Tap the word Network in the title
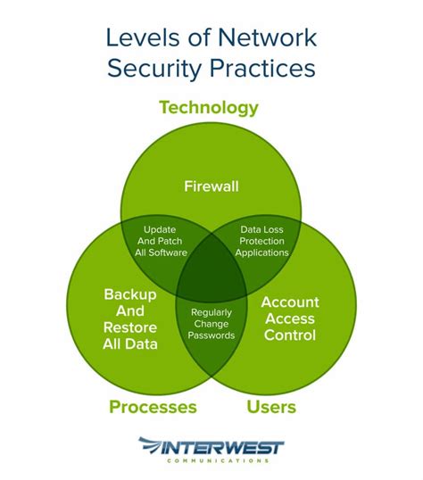point(263,37)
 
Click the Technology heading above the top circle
point(209,108)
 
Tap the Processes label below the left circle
point(153,408)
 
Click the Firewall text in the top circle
point(211,186)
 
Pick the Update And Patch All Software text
point(161,241)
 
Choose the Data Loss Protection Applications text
point(261,241)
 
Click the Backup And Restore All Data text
point(130,318)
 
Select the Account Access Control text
point(288,319)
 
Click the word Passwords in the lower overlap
point(212,335)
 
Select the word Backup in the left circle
point(130,294)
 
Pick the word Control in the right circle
point(288,335)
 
